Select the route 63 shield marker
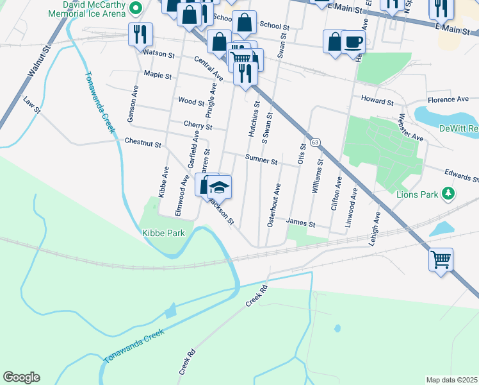point(314,141)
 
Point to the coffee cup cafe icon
point(353,42)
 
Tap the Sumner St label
point(261,160)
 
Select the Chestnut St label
point(143,142)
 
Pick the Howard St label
point(377,101)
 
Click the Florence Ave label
point(448,99)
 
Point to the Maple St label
point(158,76)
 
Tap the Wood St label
point(191,101)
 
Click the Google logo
point(21,377)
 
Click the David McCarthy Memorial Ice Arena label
point(88,8)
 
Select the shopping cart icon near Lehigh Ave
point(441,259)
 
